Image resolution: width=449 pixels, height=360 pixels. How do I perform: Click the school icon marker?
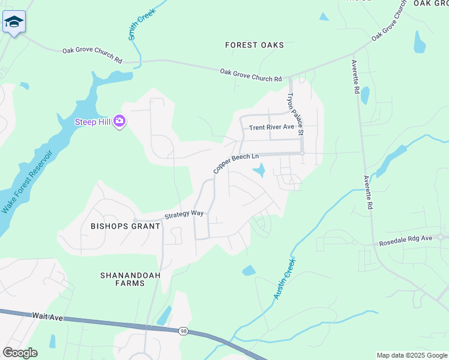coord(13,23)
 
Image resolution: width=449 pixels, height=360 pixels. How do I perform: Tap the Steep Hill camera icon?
coord(119,122)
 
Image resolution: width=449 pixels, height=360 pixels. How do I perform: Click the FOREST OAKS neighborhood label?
coord(254,45)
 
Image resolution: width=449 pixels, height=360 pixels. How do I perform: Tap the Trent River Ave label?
coord(272,127)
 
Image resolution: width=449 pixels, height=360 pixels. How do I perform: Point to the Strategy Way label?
coord(184,214)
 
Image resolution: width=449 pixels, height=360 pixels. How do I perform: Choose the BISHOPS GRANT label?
coord(125,226)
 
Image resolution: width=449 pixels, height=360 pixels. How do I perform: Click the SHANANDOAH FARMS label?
coord(122,279)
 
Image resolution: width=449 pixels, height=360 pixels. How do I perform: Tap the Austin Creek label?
coord(284,278)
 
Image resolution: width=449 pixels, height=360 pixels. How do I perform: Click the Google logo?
coord(20,353)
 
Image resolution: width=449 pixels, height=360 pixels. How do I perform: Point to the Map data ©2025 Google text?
coord(411,355)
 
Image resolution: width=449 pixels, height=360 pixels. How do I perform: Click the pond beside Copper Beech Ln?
coord(260,172)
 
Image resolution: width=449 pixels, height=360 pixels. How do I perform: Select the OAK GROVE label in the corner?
coord(430,3)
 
